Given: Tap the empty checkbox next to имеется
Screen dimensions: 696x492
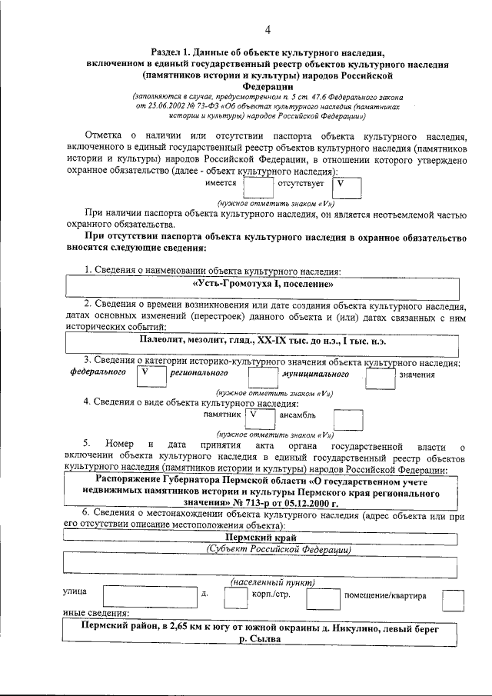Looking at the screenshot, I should click(258, 187).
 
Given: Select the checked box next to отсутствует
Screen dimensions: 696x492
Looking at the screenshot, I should click(346, 187).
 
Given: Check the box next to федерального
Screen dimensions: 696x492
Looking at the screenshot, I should click(148, 375).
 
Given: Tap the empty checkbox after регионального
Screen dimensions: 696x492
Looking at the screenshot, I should click(263, 375).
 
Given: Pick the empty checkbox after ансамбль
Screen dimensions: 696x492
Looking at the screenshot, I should click(348, 418).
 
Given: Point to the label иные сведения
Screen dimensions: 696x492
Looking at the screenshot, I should click(95, 614).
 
